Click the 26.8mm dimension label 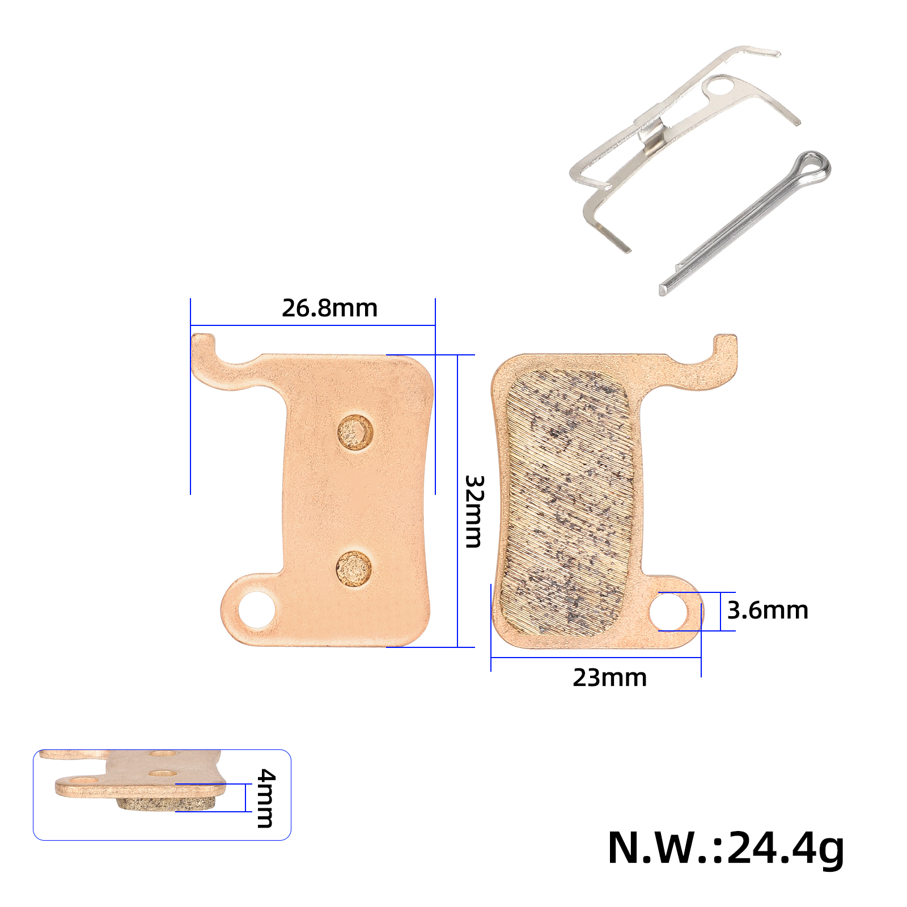click(329, 308)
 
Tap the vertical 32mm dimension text click(473, 511)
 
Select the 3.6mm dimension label click(767, 611)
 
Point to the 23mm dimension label click(609, 678)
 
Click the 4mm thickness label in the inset click(265, 798)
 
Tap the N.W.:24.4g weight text click(725, 849)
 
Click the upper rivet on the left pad click(355, 433)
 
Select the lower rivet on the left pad click(354, 569)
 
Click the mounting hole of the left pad click(256, 610)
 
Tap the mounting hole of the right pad click(668, 612)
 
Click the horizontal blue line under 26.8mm click(312, 325)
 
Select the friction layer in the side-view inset click(164, 803)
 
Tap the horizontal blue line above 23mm click(595, 658)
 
